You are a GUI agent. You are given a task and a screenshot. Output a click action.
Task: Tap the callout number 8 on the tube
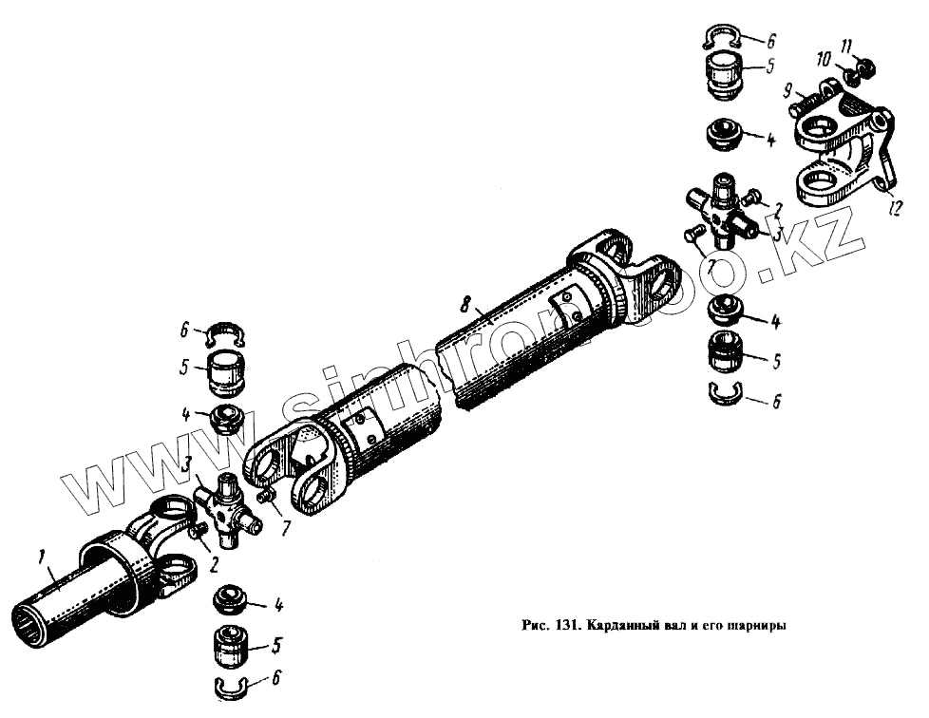464,306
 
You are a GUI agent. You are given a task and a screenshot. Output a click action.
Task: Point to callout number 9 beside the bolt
787,90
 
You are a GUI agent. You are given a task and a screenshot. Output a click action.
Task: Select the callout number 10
823,57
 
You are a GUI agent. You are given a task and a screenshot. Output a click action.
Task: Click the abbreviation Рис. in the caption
538,627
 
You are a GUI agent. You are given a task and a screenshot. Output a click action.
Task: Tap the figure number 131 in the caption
571,627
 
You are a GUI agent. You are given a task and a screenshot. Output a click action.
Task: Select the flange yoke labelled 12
840,147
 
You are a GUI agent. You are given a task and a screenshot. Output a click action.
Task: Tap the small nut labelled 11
865,68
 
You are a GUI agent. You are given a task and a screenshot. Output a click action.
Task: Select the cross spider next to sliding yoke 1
225,511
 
